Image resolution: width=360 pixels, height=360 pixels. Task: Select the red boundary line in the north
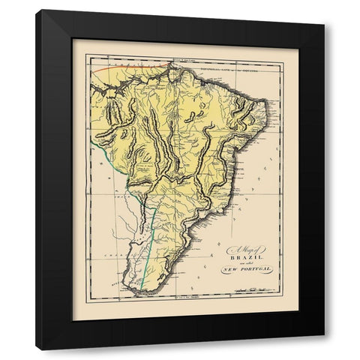tap(124, 67)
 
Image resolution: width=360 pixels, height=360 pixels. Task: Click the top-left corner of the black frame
tap(36, 10)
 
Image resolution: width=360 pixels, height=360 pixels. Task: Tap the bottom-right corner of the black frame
tap(324, 350)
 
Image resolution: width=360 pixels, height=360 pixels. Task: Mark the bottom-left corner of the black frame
tap(36, 350)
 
